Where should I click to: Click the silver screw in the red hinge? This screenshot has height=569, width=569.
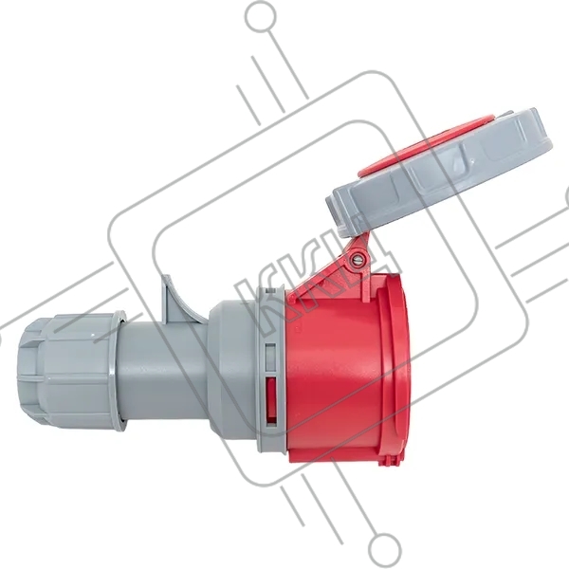pyautogui.click(x=356, y=260)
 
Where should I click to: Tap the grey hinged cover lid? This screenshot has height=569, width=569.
pyautogui.click(x=439, y=173)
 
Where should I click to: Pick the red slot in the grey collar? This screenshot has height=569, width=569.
pyautogui.click(x=270, y=400)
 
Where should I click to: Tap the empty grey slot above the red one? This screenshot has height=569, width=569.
pyautogui.click(x=270, y=358)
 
